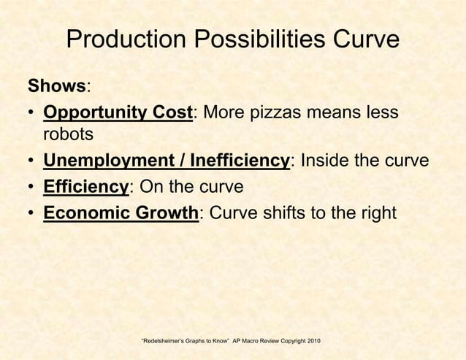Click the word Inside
pyautogui.click(x=332, y=161)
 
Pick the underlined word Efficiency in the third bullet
pyautogui.click(x=85, y=186)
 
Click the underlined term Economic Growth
pyautogui.click(x=121, y=212)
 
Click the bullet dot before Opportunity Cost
pyautogui.click(x=31, y=115)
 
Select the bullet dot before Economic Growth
pyautogui.click(x=31, y=212)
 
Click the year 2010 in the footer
pyautogui.click(x=311, y=342)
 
